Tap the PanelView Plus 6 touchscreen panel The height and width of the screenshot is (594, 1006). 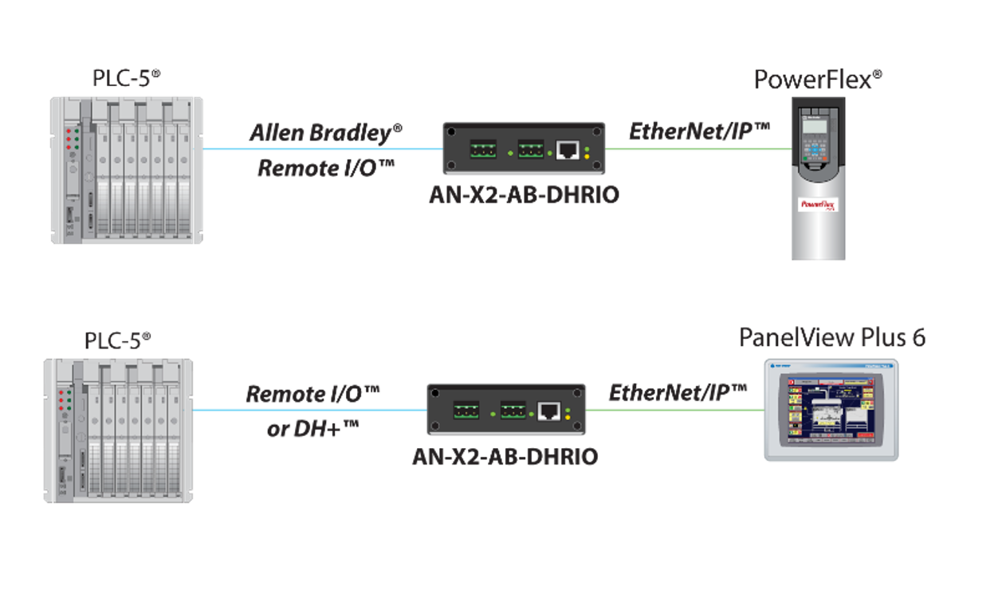coord(831,410)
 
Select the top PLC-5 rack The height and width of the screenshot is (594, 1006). coord(127,170)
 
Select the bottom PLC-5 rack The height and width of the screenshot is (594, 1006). coord(118,430)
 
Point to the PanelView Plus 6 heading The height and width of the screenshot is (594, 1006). coord(832,337)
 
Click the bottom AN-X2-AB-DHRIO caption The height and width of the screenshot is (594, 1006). coord(505,458)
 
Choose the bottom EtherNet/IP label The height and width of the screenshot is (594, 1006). coord(678,392)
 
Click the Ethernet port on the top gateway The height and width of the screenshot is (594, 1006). coord(567,149)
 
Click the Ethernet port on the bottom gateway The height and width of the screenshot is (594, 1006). coord(549,411)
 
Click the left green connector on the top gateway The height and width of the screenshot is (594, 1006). coord(482,149)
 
